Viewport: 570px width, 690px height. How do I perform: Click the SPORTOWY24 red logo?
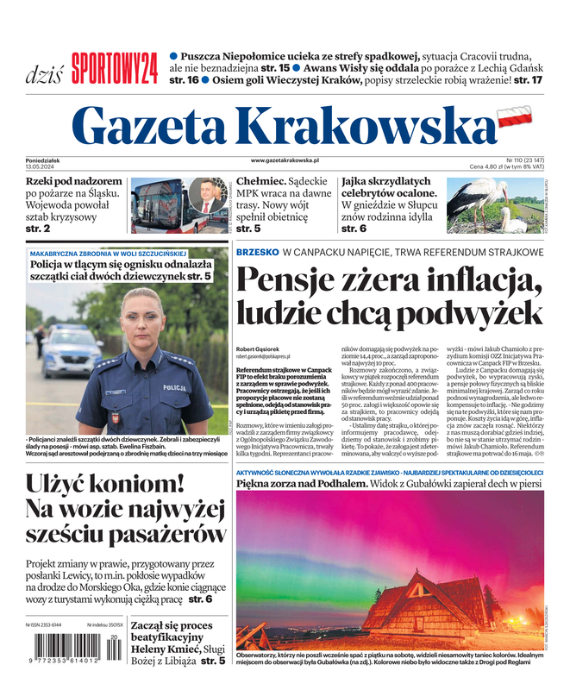pyautogui.click(x=114, y=68)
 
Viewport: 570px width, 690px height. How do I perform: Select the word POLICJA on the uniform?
pyautogui.click(x=174, y=388)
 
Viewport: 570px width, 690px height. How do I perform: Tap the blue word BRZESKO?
pyautogui.click(x=257, y=252)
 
